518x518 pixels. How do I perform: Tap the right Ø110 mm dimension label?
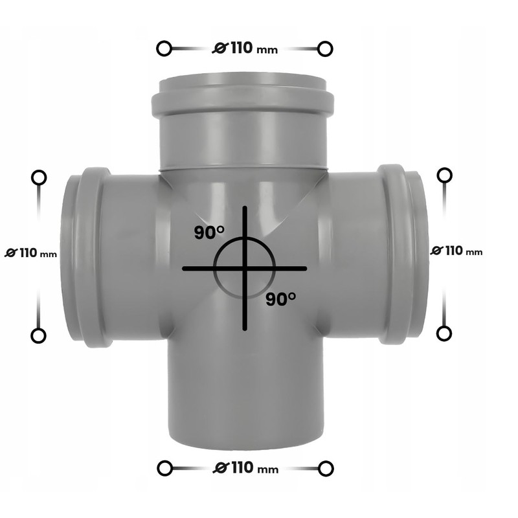(x=456, y=251)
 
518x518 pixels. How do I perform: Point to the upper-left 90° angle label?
(x=209, y=233)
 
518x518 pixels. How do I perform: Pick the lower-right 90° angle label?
(x=280, y=298)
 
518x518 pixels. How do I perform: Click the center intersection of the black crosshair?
(x=245, y=267)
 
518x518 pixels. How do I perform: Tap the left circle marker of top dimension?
(x=164, y=49)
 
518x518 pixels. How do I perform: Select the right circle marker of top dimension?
(x=325, y=49)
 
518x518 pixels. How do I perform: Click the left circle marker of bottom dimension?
(x=164, y=468)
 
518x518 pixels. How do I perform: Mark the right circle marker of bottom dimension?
(x=325, y=468)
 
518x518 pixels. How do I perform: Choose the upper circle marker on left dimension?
(x=39, y=177)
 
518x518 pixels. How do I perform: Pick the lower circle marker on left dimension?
(x=39, y=335)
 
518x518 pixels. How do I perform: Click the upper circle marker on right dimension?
(x=444, y=175)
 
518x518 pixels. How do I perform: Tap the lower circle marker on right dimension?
(x=444, y=333)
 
